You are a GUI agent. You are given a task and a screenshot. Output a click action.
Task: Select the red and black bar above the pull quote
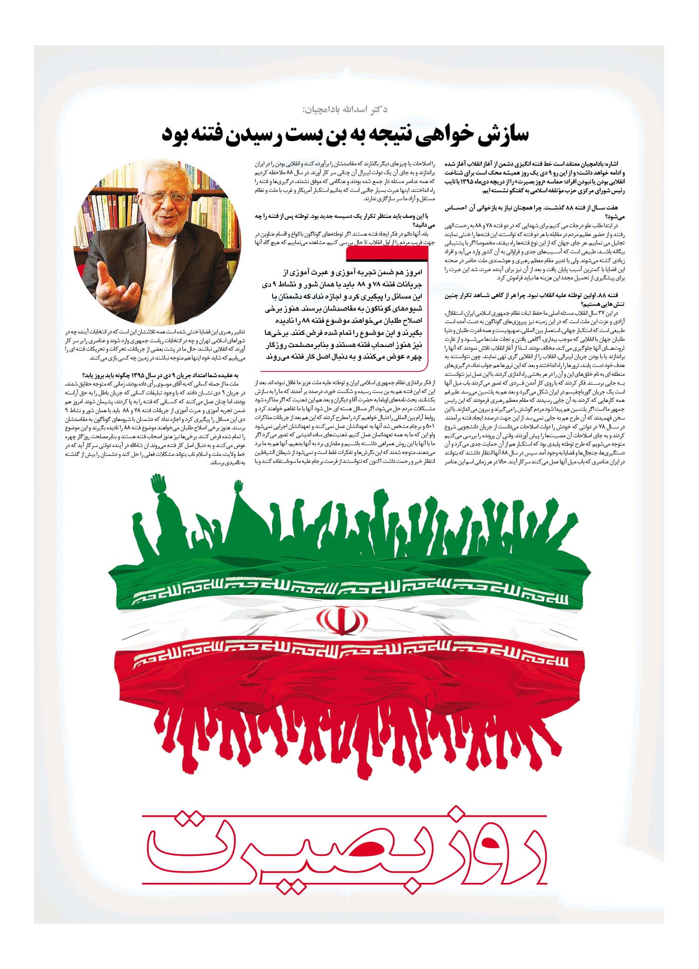[387, 253]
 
